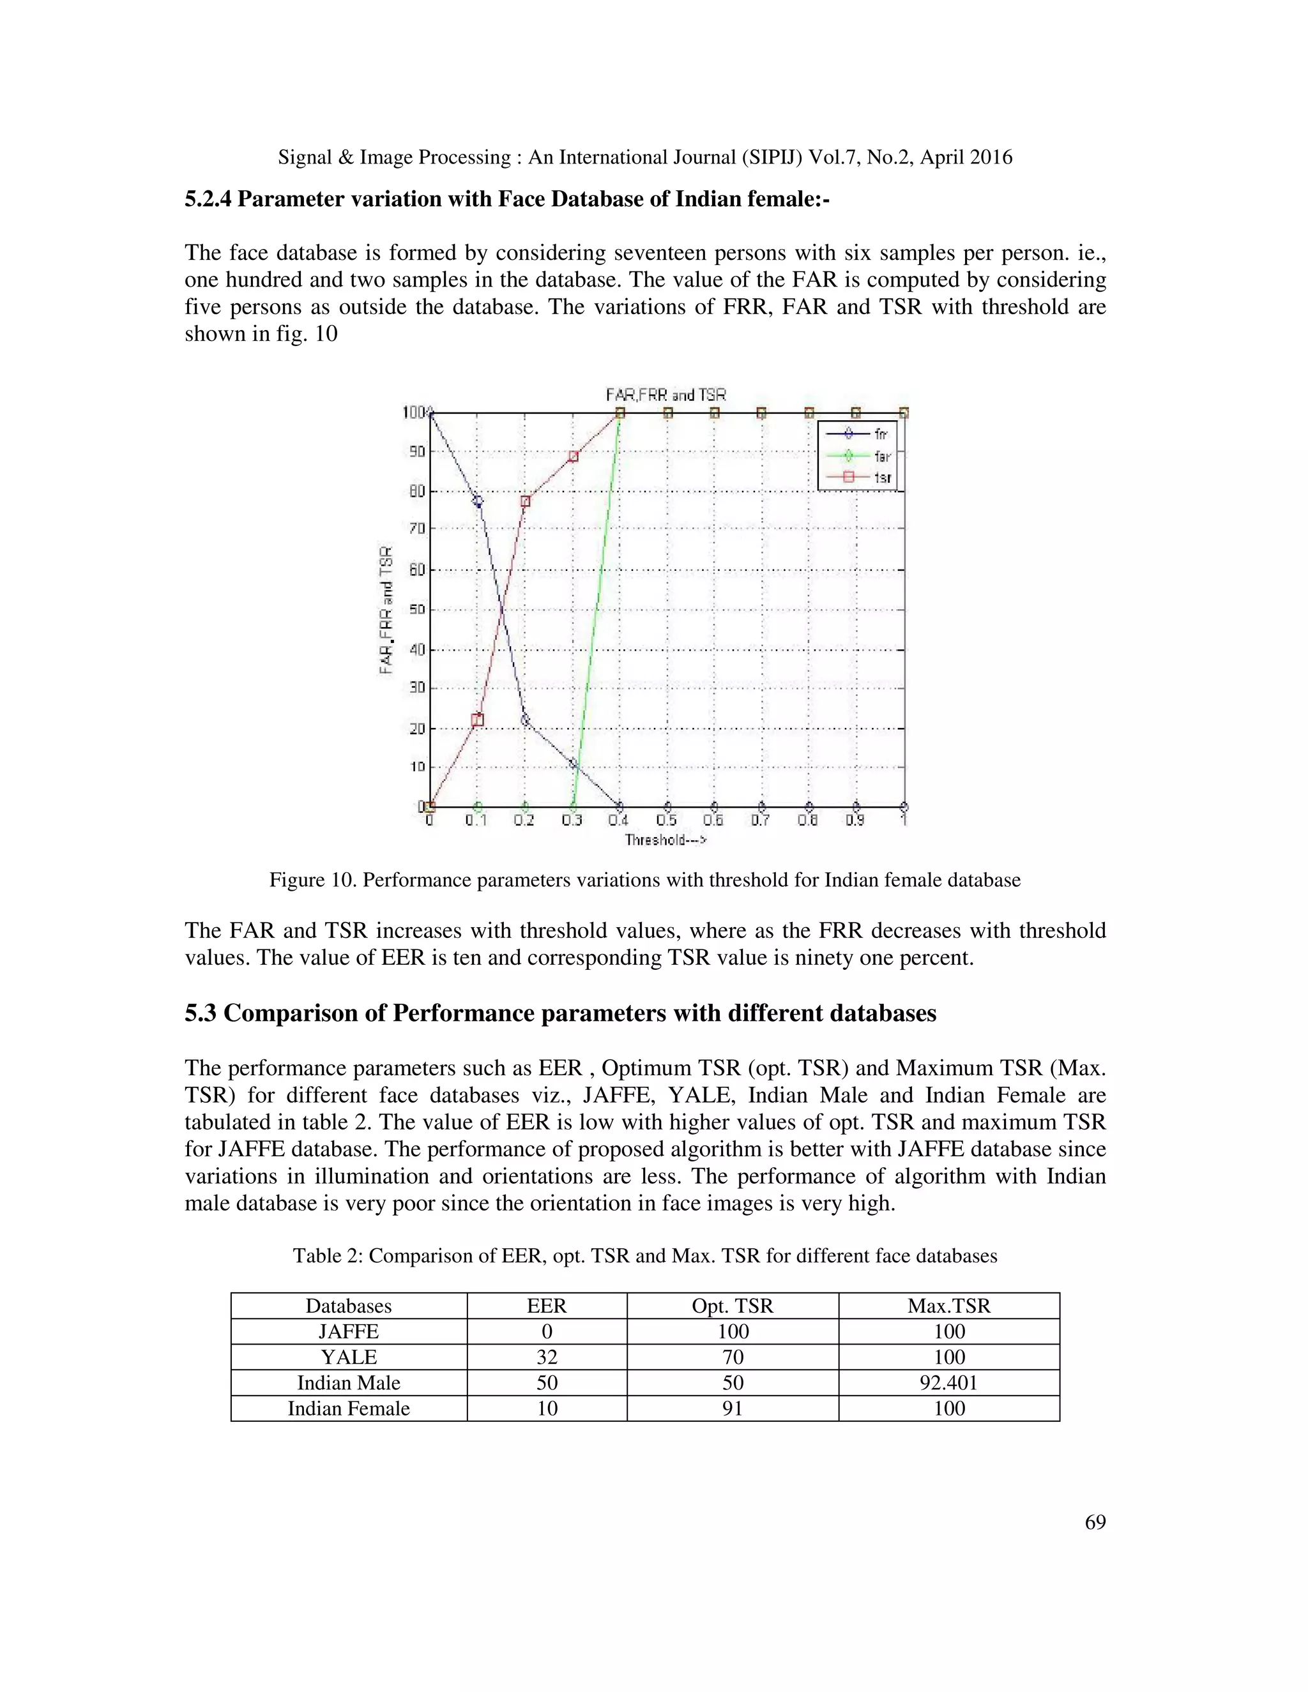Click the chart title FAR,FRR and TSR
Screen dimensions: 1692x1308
[665, 395]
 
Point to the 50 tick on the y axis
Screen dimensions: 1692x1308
[417, 610]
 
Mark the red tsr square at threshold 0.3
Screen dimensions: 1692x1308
[574, 457]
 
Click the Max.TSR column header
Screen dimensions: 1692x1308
[948, 1306]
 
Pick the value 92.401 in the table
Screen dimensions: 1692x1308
[948, 1383]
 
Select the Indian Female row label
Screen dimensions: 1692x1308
[349, 1409]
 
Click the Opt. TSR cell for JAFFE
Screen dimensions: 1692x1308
[733, 1332]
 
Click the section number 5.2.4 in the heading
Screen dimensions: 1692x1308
[208, 200]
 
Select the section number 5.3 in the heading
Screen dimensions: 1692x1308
[200, 1013]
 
